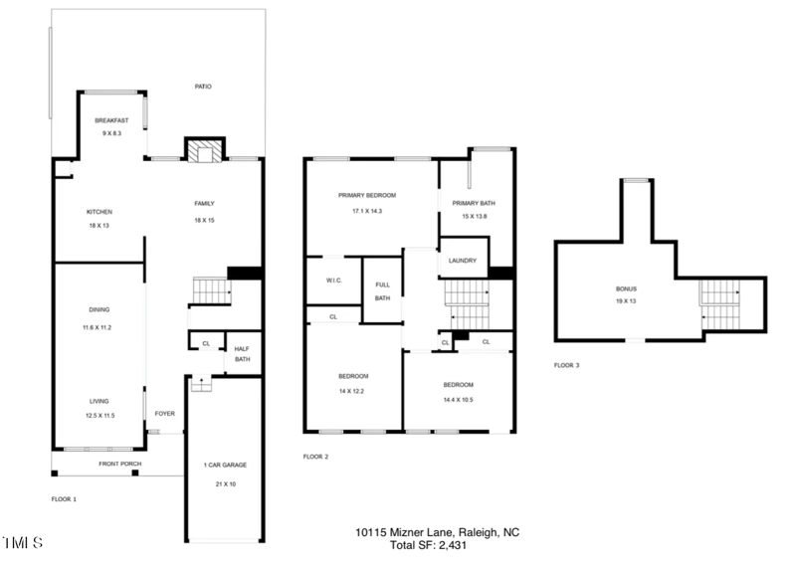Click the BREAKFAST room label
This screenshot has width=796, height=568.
[x=111, y=120]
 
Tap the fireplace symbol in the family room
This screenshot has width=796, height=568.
[x=205, y=151]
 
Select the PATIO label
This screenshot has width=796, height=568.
[x=202, y=87]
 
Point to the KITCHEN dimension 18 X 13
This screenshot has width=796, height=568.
[x=99, y=226]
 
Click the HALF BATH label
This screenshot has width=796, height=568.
[x=242, y=353]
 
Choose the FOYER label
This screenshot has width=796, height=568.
[x=164, y=413]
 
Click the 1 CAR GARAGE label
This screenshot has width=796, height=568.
[x=225, y=465]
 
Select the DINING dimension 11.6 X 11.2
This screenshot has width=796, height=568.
[x=99, y=327]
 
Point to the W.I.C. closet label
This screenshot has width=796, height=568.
[x=333, y=280]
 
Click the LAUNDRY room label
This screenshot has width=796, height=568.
[x=463, y=261]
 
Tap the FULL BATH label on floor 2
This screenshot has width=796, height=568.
[x=382, y=290]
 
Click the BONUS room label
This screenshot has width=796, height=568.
[x=625, y=289]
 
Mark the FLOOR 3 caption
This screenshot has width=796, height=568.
[x=567, y=365]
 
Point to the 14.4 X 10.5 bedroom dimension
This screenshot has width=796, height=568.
[x=458, y=399]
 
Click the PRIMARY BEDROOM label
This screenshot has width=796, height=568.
[x=367, y=196]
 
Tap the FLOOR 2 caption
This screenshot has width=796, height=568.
[x=315, y=457]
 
